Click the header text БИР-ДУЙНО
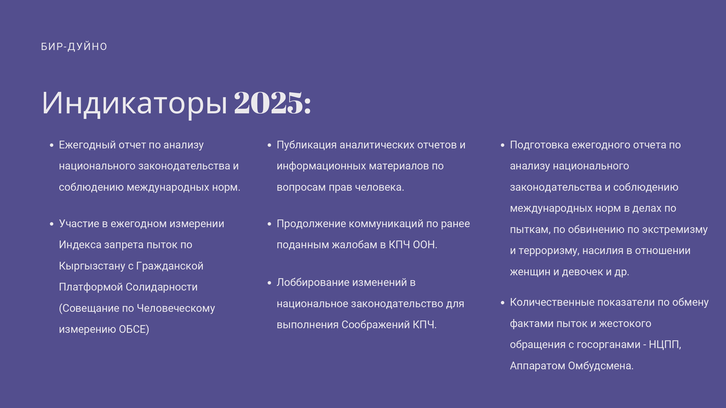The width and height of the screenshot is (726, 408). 74,46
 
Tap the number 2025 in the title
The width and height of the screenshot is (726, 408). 269,103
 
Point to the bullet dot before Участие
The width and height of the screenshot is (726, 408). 51,224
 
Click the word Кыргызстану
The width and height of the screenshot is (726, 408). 92,266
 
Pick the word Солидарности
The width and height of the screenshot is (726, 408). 161,287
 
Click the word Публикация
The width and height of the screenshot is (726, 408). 307,145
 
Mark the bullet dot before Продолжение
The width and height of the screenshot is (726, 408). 269,224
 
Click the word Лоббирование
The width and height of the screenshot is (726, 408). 313,282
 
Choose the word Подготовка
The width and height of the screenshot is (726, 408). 539,145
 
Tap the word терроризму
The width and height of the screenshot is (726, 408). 549,251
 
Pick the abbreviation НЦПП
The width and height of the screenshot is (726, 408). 664,345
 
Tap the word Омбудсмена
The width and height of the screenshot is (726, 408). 600,366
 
